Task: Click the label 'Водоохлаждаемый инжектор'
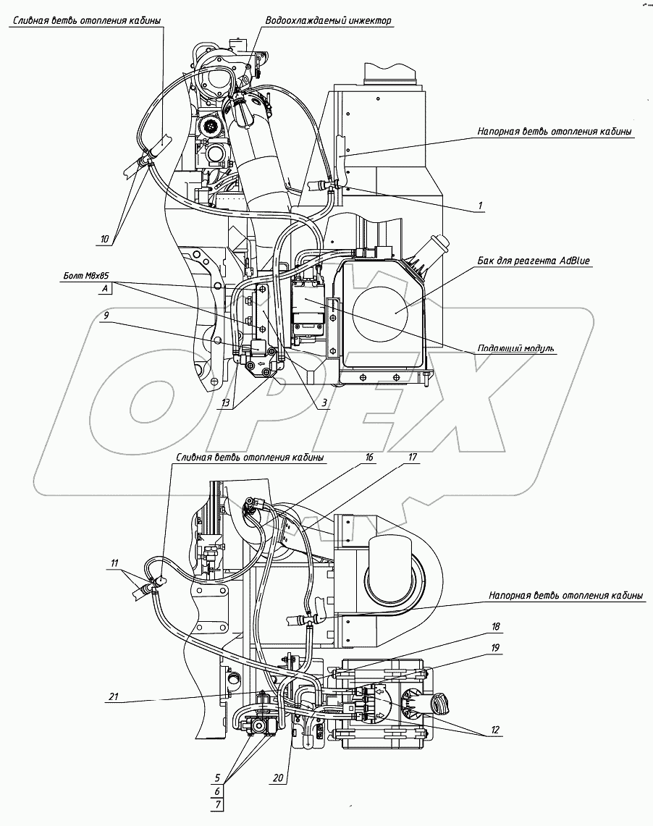click(329, 21)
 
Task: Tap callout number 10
click(104, 237)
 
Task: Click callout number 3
click(324, 402)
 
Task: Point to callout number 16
click(368, 458)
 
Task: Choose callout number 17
click(412, 458)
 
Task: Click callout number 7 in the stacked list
click(217, 805)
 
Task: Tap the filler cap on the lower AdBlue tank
click(439, 702)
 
